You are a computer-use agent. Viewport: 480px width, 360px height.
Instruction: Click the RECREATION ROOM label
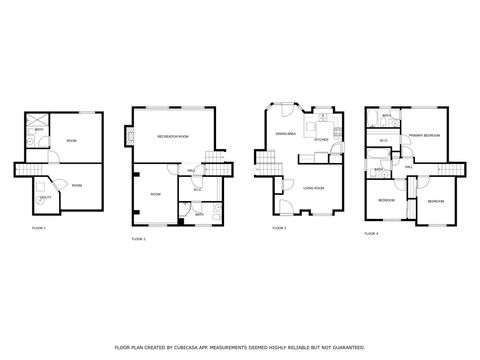tap(172, 136)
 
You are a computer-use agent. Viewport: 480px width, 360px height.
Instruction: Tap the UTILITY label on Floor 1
tap(46, 199)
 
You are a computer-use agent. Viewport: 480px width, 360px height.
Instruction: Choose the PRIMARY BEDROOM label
tap(425, 135)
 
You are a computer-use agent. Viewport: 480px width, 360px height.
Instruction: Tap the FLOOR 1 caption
tap(39, 229)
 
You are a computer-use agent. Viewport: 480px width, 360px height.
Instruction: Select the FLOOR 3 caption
tap(279, 229)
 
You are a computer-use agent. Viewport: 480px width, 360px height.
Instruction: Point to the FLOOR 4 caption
tap(371, 233)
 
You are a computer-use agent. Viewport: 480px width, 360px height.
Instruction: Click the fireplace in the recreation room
tap(126, 132)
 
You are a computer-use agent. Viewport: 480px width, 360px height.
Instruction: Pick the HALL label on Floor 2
tap(190, 171)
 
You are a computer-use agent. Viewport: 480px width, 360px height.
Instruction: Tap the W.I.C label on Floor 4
tap(383, 142)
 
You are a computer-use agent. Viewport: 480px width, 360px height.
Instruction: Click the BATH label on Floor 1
tap(38, 130)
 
